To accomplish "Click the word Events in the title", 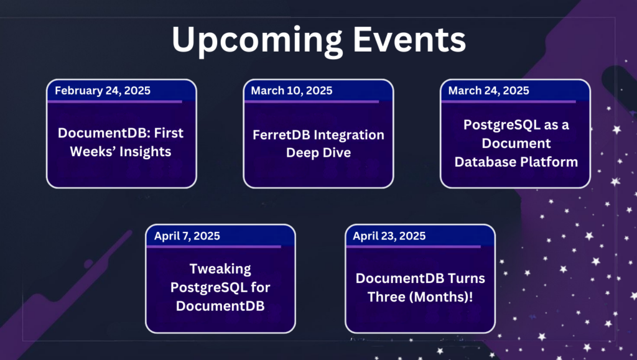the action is [409, 39].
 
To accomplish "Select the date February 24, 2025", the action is [103, 91].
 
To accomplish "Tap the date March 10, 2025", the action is [292, 91].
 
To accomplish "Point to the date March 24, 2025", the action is [489, 91].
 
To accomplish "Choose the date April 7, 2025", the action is [187, 236].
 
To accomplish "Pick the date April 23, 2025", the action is [389, 236].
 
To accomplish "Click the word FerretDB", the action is [281, 135].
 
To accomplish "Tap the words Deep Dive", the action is [318, 153].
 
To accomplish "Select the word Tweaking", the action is [220, 269].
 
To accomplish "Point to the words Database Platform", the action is [516, 162].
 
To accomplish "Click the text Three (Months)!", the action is [420, 297].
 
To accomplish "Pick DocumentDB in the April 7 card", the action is [220, 306].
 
